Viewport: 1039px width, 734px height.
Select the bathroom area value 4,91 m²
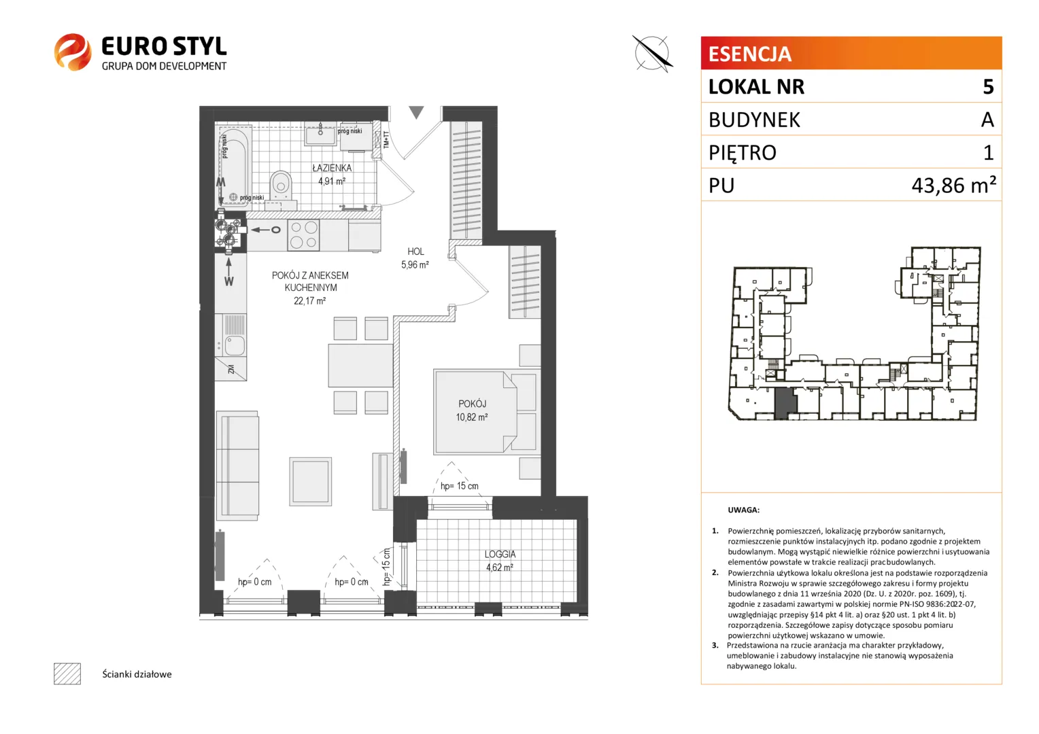pyautogui.click(x=332, y=181)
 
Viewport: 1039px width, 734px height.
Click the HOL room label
pyautogui.click(x=415, y=251)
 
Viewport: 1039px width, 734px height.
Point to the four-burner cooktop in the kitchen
pyautogui.click(x=303, y=235)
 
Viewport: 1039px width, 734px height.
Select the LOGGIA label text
pyautogui.click(x=500, y=554)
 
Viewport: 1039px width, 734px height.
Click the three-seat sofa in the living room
pyautogui.click(x=237, y=465)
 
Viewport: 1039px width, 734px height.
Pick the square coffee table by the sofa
pyautogui.click(x=310, y=481)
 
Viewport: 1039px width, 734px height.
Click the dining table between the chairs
pyautogui.click(x=360, y=366)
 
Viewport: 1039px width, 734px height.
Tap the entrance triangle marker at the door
pyautogui.click(x=417, y=112)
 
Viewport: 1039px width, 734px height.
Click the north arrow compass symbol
pyautogui.click(x=652, y=53)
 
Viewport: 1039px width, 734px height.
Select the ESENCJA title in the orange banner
pyautogui.click(x=750, y=54)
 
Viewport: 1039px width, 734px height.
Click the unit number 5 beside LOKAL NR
pyautogui.click(x=989, y=87)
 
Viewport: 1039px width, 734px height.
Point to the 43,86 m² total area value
pyautogui.click(x=953, y=185)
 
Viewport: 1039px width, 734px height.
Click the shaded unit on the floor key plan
pyautogui.click(x=785, y=403)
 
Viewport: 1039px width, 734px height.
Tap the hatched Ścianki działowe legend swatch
pyautogui.click(x=67, y=674)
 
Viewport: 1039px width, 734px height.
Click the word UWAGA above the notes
pyautogui.click(x=743, y=510)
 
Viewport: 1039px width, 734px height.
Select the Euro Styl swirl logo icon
pyautogui.click(x=73, y=52)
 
